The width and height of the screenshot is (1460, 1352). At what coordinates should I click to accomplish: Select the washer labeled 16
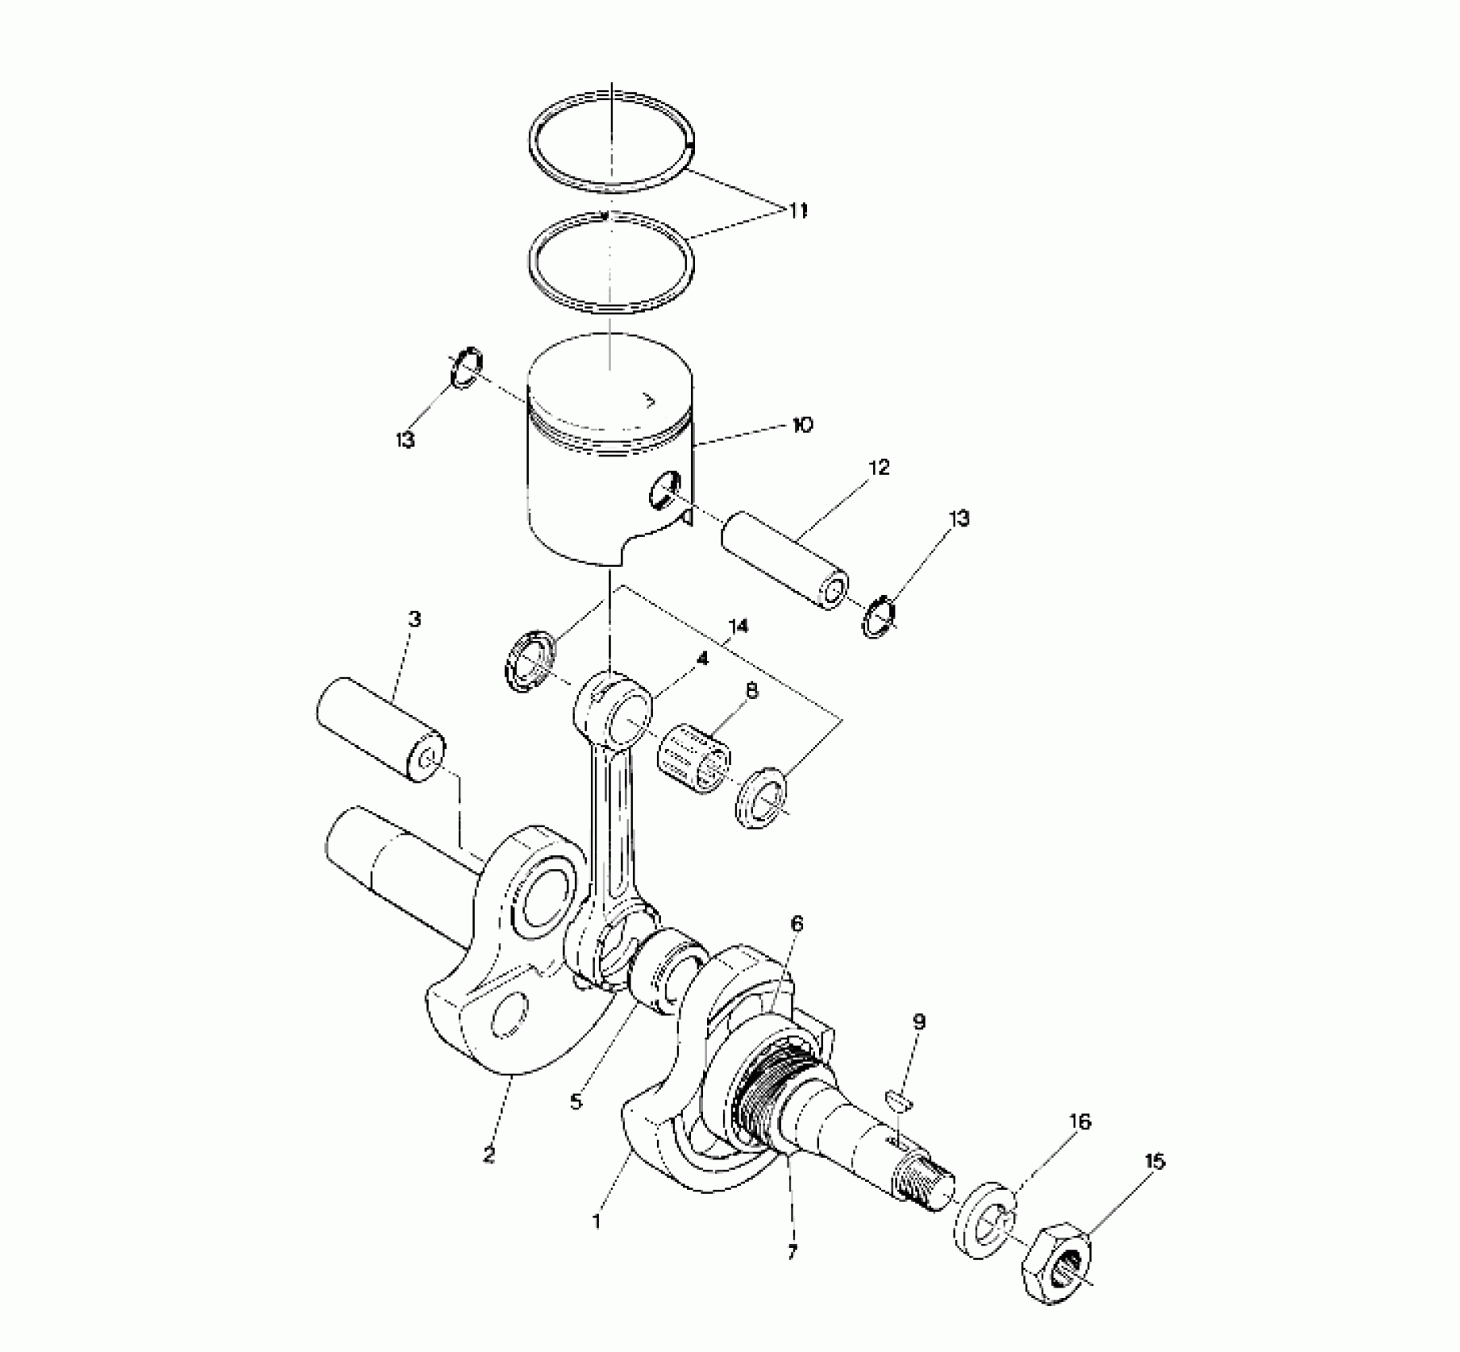[x=984, y=1218]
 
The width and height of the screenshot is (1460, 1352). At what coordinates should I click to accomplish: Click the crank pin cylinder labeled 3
[x=381, y=728]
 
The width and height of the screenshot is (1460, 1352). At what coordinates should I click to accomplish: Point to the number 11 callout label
[x=798, y=211]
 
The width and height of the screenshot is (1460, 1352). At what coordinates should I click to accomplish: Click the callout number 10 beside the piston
[x=802, y=425]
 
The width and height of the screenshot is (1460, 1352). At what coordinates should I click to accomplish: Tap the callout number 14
[x=737, y=627]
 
